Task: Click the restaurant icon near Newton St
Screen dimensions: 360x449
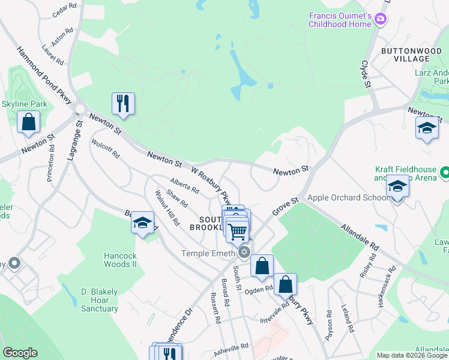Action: pyautogui.click(x=123, y=104)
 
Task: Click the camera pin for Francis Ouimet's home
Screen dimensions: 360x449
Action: pyautogui.click(x=380, y=20)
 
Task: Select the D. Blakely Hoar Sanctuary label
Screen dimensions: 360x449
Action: pyautogui.click(x=100, y=300)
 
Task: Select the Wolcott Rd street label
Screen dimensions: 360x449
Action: pyautogui.click(x=106, y=148)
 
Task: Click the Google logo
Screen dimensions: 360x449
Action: pyautogui.click(x=20, y=353)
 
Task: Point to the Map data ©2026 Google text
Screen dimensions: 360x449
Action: pyautogui.click(x=412, y=355)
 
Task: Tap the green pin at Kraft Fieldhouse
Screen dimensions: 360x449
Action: pyautogui.click(x=444, y=173)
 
